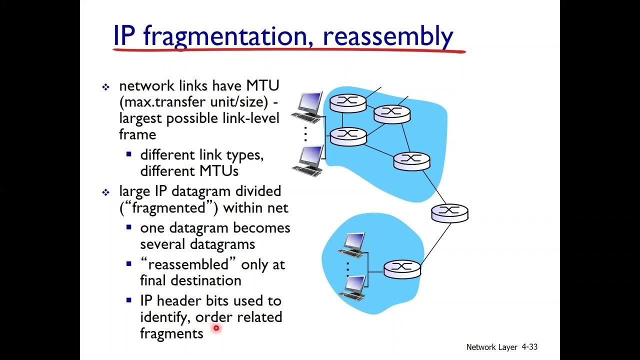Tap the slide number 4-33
point(529,346)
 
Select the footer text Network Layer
point(491,347)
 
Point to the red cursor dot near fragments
point(216,328)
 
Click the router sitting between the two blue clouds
point(449,213)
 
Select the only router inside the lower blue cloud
point(402,269)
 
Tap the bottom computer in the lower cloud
point(352,287)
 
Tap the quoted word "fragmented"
point(169,207)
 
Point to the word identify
point(164,317)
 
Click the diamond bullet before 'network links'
point(105,87)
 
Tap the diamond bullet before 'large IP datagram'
point(105,192)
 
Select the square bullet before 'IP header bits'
point(129,300)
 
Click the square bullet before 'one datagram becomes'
point(129,228)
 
